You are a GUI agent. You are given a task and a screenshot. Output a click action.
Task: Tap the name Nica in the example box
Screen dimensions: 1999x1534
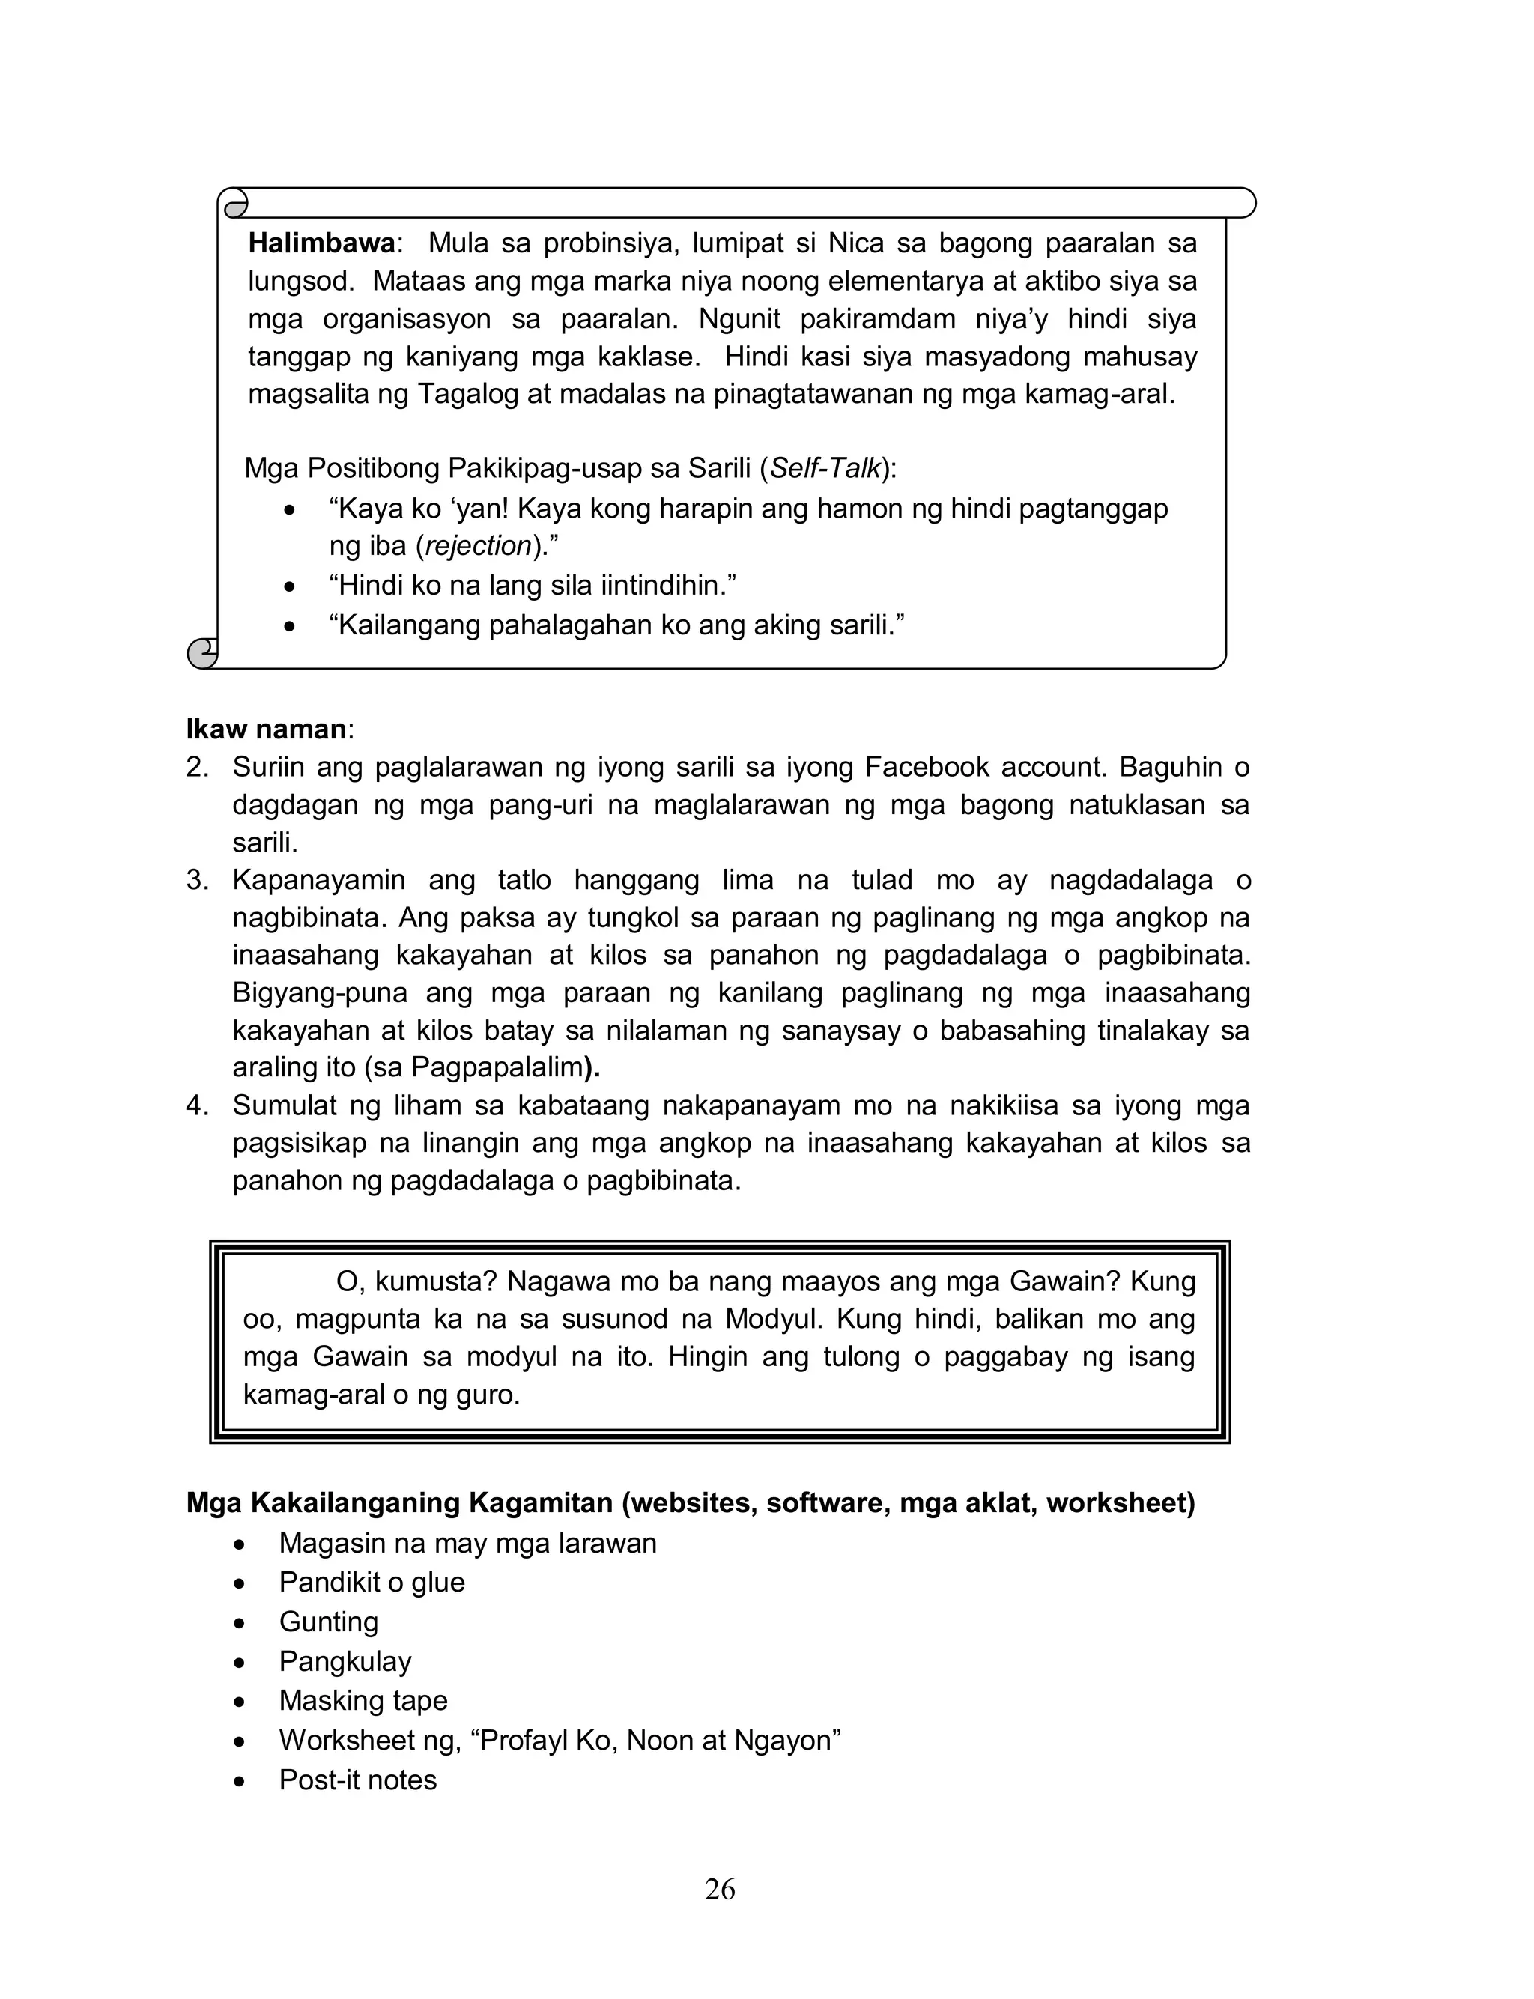pyautogui.click(x=855, y=243)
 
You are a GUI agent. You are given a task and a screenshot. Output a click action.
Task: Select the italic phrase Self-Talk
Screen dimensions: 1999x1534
pyautogui.click(x=825, y=468)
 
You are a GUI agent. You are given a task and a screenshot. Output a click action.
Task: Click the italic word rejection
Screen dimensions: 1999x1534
pyautogui.click(x=479, y=546)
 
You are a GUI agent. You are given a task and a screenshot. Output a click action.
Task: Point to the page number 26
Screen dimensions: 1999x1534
pyautogui.click(x=720, y=1890)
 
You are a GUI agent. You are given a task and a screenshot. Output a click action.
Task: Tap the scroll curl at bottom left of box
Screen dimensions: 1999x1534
pyautogui.click(x=203, y=652)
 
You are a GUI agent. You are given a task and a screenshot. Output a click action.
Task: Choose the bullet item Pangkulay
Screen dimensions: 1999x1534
pyautogui.click(x=345, y=1661)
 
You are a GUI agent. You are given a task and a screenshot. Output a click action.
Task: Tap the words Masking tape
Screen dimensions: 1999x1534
pyautogui.click(x=363, y=1700)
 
